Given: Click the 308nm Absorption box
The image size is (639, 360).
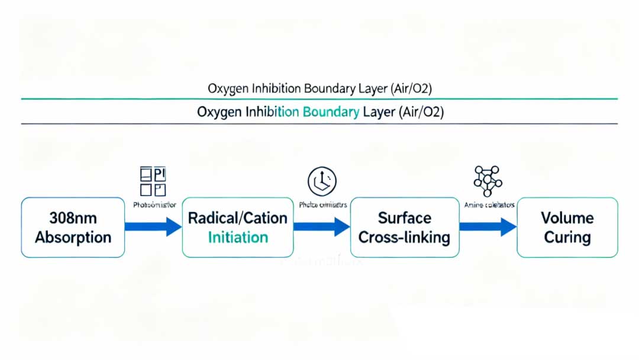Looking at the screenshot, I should (73, 227).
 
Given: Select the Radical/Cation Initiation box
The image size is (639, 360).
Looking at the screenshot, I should (237, 227).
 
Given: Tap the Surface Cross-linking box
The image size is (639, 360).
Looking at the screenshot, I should (405, 227).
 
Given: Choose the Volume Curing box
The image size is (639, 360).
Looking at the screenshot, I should (567, 227).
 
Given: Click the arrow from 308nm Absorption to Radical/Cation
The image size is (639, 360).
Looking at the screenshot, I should (153, 227).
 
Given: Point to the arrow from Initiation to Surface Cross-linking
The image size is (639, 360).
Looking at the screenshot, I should (321, 227).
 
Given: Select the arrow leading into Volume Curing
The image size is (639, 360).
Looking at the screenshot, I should (488, 227).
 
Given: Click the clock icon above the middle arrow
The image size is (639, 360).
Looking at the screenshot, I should (322, 181).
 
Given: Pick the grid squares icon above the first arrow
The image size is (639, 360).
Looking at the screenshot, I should (153, 181).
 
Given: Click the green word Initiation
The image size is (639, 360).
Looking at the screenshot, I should (238, 237).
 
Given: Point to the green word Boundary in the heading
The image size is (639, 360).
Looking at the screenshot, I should (331, 112).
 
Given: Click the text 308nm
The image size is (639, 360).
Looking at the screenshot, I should (73, 218).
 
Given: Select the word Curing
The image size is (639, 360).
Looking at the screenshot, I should (567, 237).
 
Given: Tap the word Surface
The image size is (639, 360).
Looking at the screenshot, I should (405, 218).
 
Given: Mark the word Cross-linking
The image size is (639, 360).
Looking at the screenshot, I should (405, 237).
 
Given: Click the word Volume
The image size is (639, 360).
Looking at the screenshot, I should (567, 218).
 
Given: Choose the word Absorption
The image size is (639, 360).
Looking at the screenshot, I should (73, 237).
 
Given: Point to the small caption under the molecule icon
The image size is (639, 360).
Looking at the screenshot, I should (488, 205).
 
